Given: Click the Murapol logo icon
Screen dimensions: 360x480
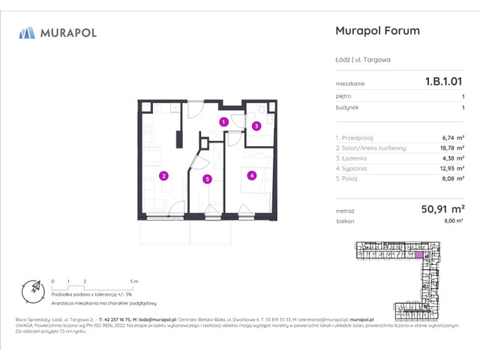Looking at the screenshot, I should coord(28,32).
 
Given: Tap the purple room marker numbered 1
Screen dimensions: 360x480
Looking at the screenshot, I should coord(223,121).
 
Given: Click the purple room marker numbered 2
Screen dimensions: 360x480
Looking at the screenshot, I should coord(163,176).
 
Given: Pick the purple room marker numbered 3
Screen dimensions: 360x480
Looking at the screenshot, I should coord(256,126).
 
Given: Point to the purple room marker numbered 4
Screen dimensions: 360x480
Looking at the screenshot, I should coord(252,176).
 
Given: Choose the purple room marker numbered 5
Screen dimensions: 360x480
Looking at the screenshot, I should coord(206,178).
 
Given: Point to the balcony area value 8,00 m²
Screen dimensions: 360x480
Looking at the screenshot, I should coord(454,222).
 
